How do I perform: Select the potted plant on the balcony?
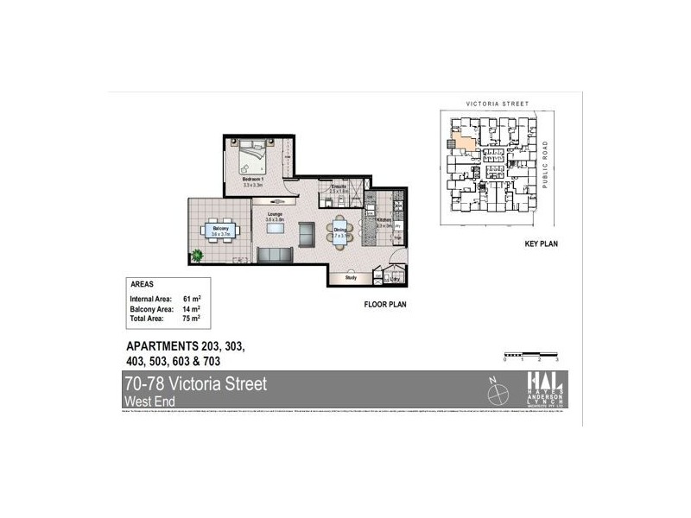(198, 255)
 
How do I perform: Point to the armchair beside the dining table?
(306, 233)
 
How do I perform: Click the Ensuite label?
(338, 186)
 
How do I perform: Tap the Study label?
(351, 278)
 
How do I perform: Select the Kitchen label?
(384, 221)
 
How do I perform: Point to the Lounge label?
(275, 215)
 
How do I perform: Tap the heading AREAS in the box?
(143, 284)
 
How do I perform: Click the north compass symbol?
(498, 394)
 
